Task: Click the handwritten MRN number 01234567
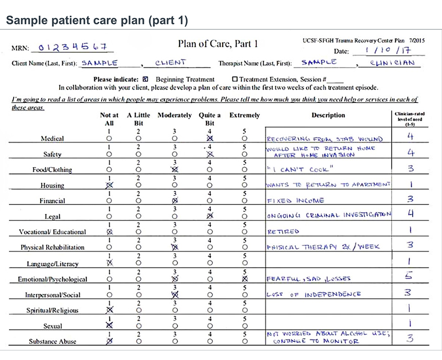[x=72, y=48]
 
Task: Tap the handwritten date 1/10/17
[x=388, y=50]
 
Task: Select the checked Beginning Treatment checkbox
[x=145, y=79]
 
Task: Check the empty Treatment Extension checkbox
[x=234, y=79]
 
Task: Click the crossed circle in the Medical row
[x=209, y=138]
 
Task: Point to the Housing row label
[x=52, y=185]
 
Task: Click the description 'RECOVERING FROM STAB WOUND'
[x=324, y=139]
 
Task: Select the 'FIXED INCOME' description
[x=295, y=200]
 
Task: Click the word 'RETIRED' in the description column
[x=283, y=231]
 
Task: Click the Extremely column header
[x=244, y=115]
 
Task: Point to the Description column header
[x=328, y=115]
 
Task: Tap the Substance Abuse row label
[x=52, y=341]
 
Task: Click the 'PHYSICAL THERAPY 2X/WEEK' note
[x=323, y=247]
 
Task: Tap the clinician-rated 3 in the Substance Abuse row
[x=410, y=338]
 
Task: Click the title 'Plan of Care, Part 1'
[x=218, y=44]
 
